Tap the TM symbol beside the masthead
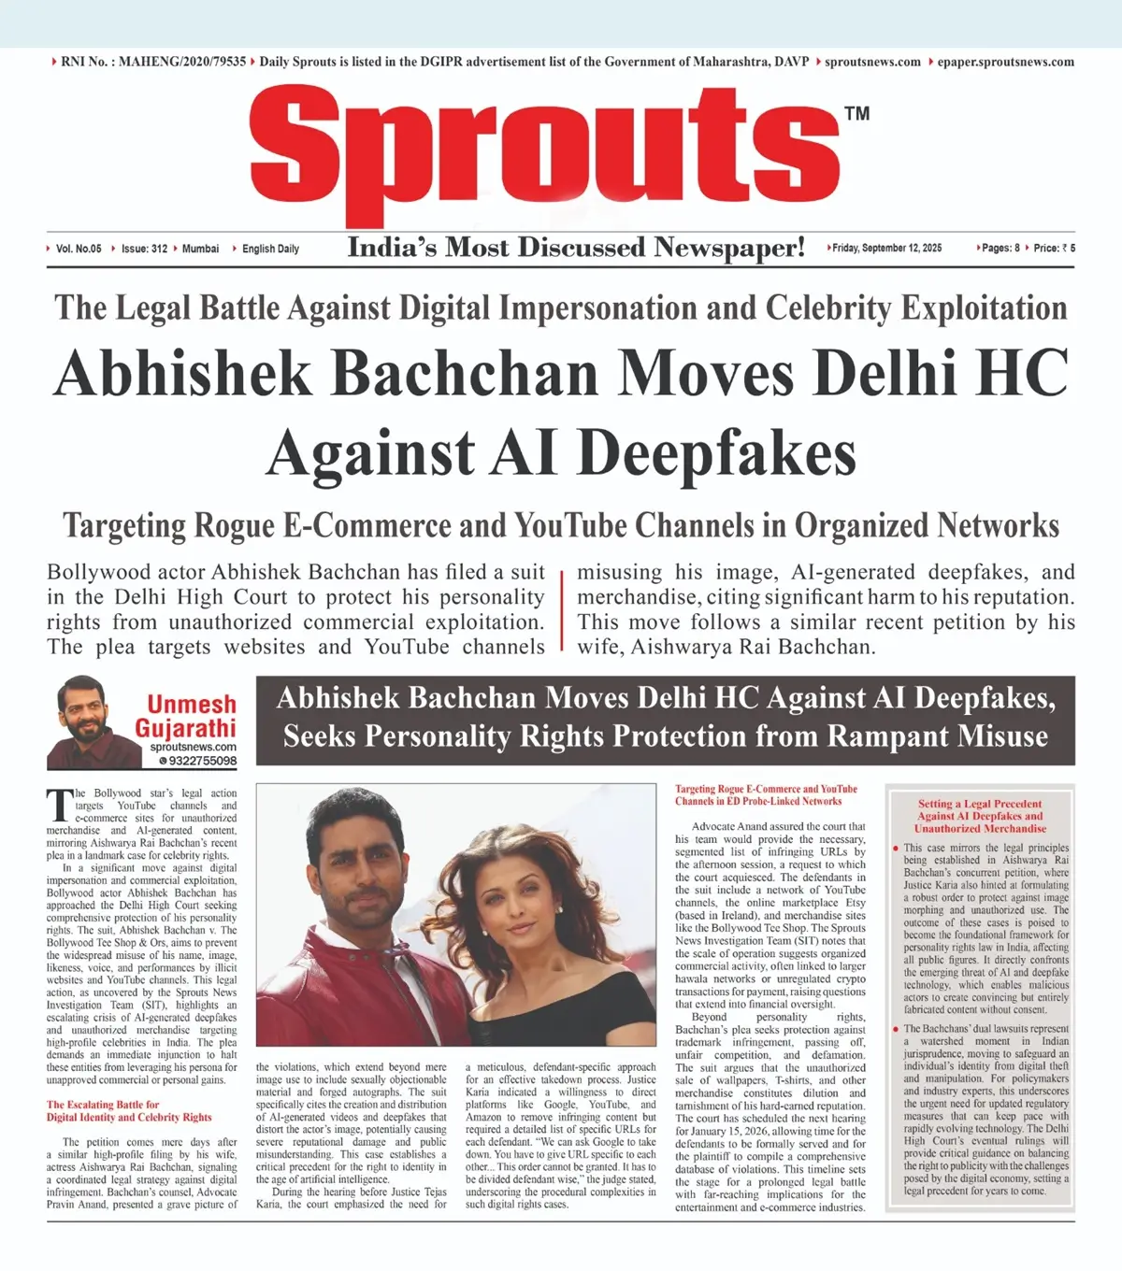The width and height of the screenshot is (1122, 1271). click(856, 114)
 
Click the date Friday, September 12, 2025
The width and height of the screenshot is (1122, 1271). click(887, 249)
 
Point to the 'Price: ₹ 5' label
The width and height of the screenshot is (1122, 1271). click(1054, 249)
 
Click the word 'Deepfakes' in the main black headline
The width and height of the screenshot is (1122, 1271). click(716, 454)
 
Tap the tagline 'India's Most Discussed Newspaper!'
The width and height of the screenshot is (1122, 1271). click(576, 248)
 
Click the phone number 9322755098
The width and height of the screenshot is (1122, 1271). click(202, 761)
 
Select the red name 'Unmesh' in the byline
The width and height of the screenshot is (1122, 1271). click(192, 705)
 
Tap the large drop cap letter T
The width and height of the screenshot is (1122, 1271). click(59, 805)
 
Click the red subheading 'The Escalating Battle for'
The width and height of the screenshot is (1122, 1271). click(103, 1105)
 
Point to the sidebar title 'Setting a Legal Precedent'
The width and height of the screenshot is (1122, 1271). click(979, 804)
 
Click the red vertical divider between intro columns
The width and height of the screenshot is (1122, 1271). click(561, 609)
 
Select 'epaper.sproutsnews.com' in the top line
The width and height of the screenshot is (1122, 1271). click(1005, 63)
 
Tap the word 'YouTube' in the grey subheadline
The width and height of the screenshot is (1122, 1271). click(571, 526)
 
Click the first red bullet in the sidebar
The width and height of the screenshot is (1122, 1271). click(896, 849)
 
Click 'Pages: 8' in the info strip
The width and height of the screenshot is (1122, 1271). click(1000, 249)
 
